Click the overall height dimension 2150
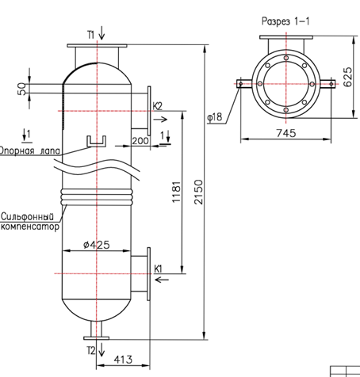pos(198,192)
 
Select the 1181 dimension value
pos(176,192)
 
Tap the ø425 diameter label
pos(97,245)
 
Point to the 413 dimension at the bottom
pos(123,360)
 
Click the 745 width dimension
pos(286,133)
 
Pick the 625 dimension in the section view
pos(347,77)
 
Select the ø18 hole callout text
pos(215,116)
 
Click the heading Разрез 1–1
pos(285,21)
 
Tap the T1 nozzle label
pos(91,35)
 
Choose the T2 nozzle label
pos(91,350)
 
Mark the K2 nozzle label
pos(158,106)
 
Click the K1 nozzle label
pos(158,269)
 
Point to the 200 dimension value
pos(140,141)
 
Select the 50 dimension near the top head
pos(21,89)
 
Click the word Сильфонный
pos(27,216)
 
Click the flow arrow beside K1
pos(162,280)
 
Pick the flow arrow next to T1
pos(101,33)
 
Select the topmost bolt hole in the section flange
pos(286,58)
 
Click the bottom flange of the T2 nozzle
pos(97,338)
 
